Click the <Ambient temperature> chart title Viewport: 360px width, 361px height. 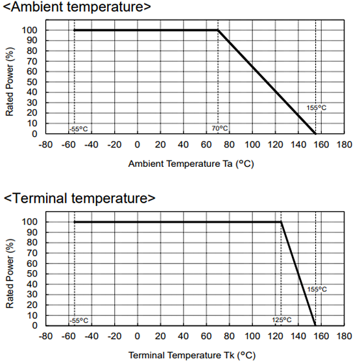77,8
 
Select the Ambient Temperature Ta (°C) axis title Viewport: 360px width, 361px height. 191,164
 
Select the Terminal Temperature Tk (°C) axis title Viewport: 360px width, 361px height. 191,355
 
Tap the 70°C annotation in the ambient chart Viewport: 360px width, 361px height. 220,129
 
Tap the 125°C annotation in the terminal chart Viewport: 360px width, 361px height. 282,320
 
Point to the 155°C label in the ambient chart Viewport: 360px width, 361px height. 317,108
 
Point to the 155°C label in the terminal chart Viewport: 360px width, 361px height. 317,290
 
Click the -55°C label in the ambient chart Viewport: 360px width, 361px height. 78,129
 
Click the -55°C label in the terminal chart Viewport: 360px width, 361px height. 78,320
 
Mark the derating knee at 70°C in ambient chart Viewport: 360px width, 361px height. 218,30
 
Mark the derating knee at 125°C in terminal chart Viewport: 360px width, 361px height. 281,222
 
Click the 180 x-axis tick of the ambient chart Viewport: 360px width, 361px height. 344,144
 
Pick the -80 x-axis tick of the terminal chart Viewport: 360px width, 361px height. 45,336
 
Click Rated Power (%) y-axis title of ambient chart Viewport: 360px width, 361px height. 10,81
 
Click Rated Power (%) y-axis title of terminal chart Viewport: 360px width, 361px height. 10,273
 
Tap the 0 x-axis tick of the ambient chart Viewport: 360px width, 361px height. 138,144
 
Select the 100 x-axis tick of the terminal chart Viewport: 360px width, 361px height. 252,336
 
